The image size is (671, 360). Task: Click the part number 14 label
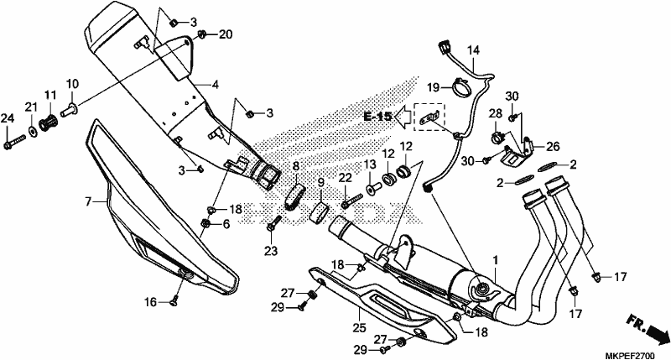click(x=473, y=50)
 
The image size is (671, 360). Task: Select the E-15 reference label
click(x=378, y=116)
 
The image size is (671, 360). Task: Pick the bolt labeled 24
click(x=14, y=142)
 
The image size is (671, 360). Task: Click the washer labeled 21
click(x=33, y=129)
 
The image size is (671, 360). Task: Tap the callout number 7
click(x=88, y=201)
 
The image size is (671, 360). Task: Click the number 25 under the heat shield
click(x=360, y=327)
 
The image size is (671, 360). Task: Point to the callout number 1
click(x=496, y=260)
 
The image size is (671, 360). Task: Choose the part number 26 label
click(x=553, y=147)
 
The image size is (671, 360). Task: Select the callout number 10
click(x=72, y=83)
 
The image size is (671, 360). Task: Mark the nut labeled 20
click(x=203, y=34)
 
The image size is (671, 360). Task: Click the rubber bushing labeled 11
click(x=49, y=123)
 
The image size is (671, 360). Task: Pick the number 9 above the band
click(x=321, y=184)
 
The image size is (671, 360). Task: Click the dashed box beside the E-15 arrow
click(x=429, y=117)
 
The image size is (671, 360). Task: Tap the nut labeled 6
click(x=205, y=222)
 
